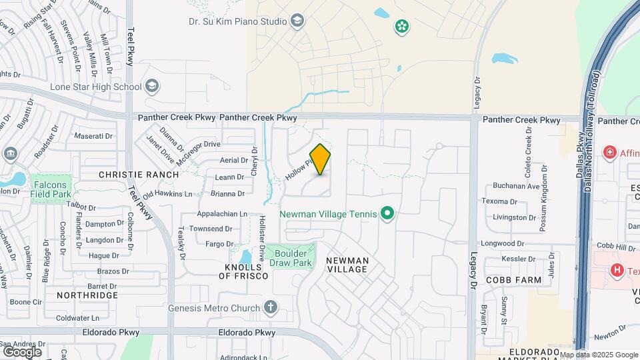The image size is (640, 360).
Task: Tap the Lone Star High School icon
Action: tap(153, 86)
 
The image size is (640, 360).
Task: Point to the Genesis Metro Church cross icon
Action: tap(270, 307)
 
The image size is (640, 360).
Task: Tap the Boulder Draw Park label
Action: tap(291, 258)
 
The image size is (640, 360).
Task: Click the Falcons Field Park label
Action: tap(51, 189)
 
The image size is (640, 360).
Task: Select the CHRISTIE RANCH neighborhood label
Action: tap(139, 175)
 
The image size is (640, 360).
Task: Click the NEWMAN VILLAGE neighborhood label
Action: tap(347, 265)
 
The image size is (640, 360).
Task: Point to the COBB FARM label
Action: tap(513, 281)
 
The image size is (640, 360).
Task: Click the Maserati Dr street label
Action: tap(93, 136)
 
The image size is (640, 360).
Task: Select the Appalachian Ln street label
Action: tap(222, 214)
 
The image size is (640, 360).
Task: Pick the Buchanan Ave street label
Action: tap(516, 187)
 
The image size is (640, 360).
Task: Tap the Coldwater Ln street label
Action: tap(77, 318)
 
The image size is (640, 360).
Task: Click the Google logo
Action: tap(22, 352)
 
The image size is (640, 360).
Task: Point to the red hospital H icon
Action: tap(617, 270)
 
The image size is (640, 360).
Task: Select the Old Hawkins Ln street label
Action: tap(167, 194)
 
